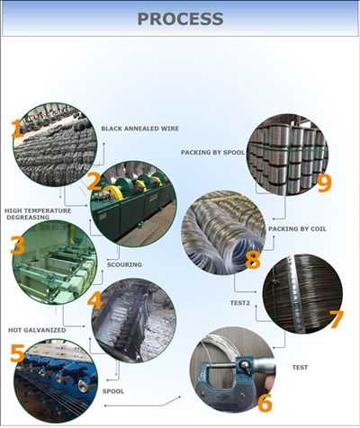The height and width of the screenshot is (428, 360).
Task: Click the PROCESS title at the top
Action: tap(180, 19)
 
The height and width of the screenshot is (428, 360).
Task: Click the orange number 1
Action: tap(17, 129)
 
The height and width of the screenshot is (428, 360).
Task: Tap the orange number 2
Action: tap(94, 182)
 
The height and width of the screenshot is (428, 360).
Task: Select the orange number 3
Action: tap(18, 245)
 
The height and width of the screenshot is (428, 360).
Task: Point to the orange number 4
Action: tap(95, 300)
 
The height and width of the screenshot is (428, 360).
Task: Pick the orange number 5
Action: tap(17, 352)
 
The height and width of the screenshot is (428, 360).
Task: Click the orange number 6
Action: tap(265, 403)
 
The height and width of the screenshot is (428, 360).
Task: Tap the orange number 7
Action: tap(337, 319)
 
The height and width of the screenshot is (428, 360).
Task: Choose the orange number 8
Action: tap(253, 260)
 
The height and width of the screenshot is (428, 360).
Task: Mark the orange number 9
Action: tap(324, 183)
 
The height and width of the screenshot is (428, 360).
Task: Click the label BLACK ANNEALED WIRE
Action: tap(139, 129)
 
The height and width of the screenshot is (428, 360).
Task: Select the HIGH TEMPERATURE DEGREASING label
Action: tap(38, 214)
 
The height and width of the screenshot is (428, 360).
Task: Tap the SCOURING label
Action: tap(124, 264)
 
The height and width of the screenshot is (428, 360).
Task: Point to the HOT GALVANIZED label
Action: tap(37, 330)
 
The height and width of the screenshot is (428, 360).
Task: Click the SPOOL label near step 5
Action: tap(113, 391)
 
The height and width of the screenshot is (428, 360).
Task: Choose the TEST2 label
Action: tap(240, 303)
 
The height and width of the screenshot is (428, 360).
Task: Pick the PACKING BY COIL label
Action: tap(297, 229)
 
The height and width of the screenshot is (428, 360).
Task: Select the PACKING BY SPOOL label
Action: tap(212, 153)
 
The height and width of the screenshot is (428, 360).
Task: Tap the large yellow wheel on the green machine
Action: tap(112, 192)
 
